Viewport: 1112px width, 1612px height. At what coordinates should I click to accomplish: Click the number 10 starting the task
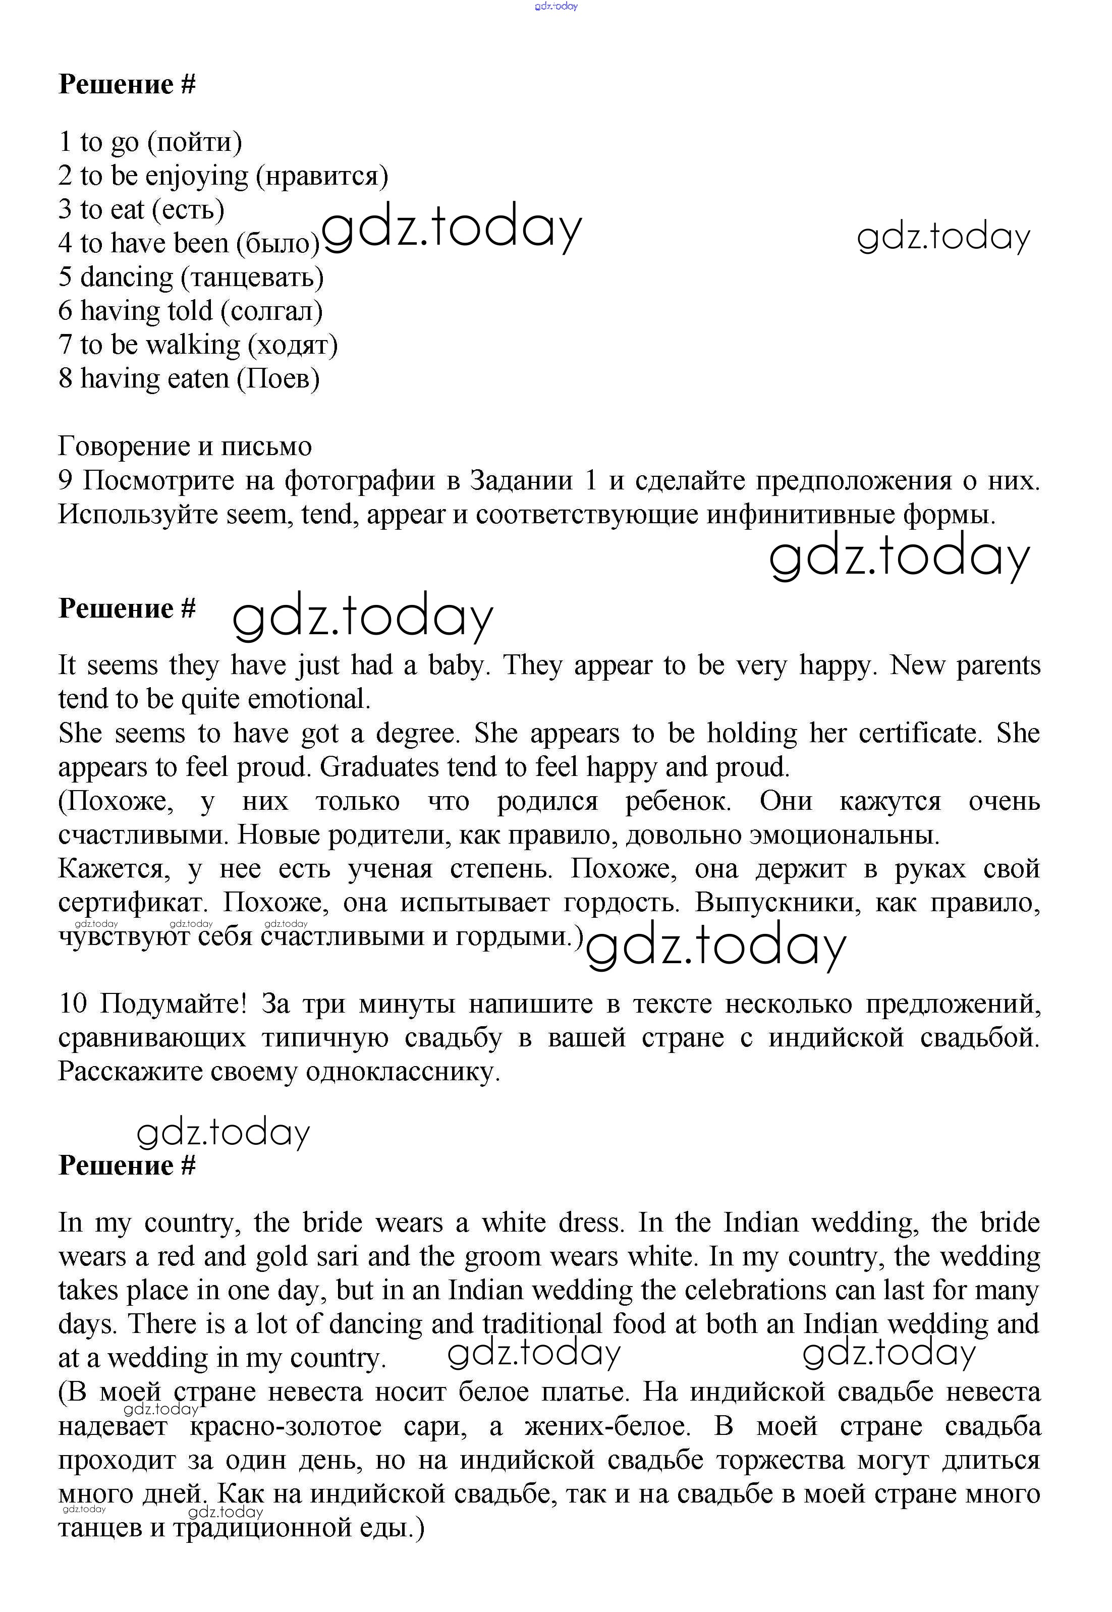(x=73, y=1005)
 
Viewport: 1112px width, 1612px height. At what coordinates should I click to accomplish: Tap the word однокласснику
(x=403, y=1072)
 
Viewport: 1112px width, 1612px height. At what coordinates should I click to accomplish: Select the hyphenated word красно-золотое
(x=285, y=1426)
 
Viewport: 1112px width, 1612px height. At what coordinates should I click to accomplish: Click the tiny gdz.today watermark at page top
(x=556, y=6)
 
